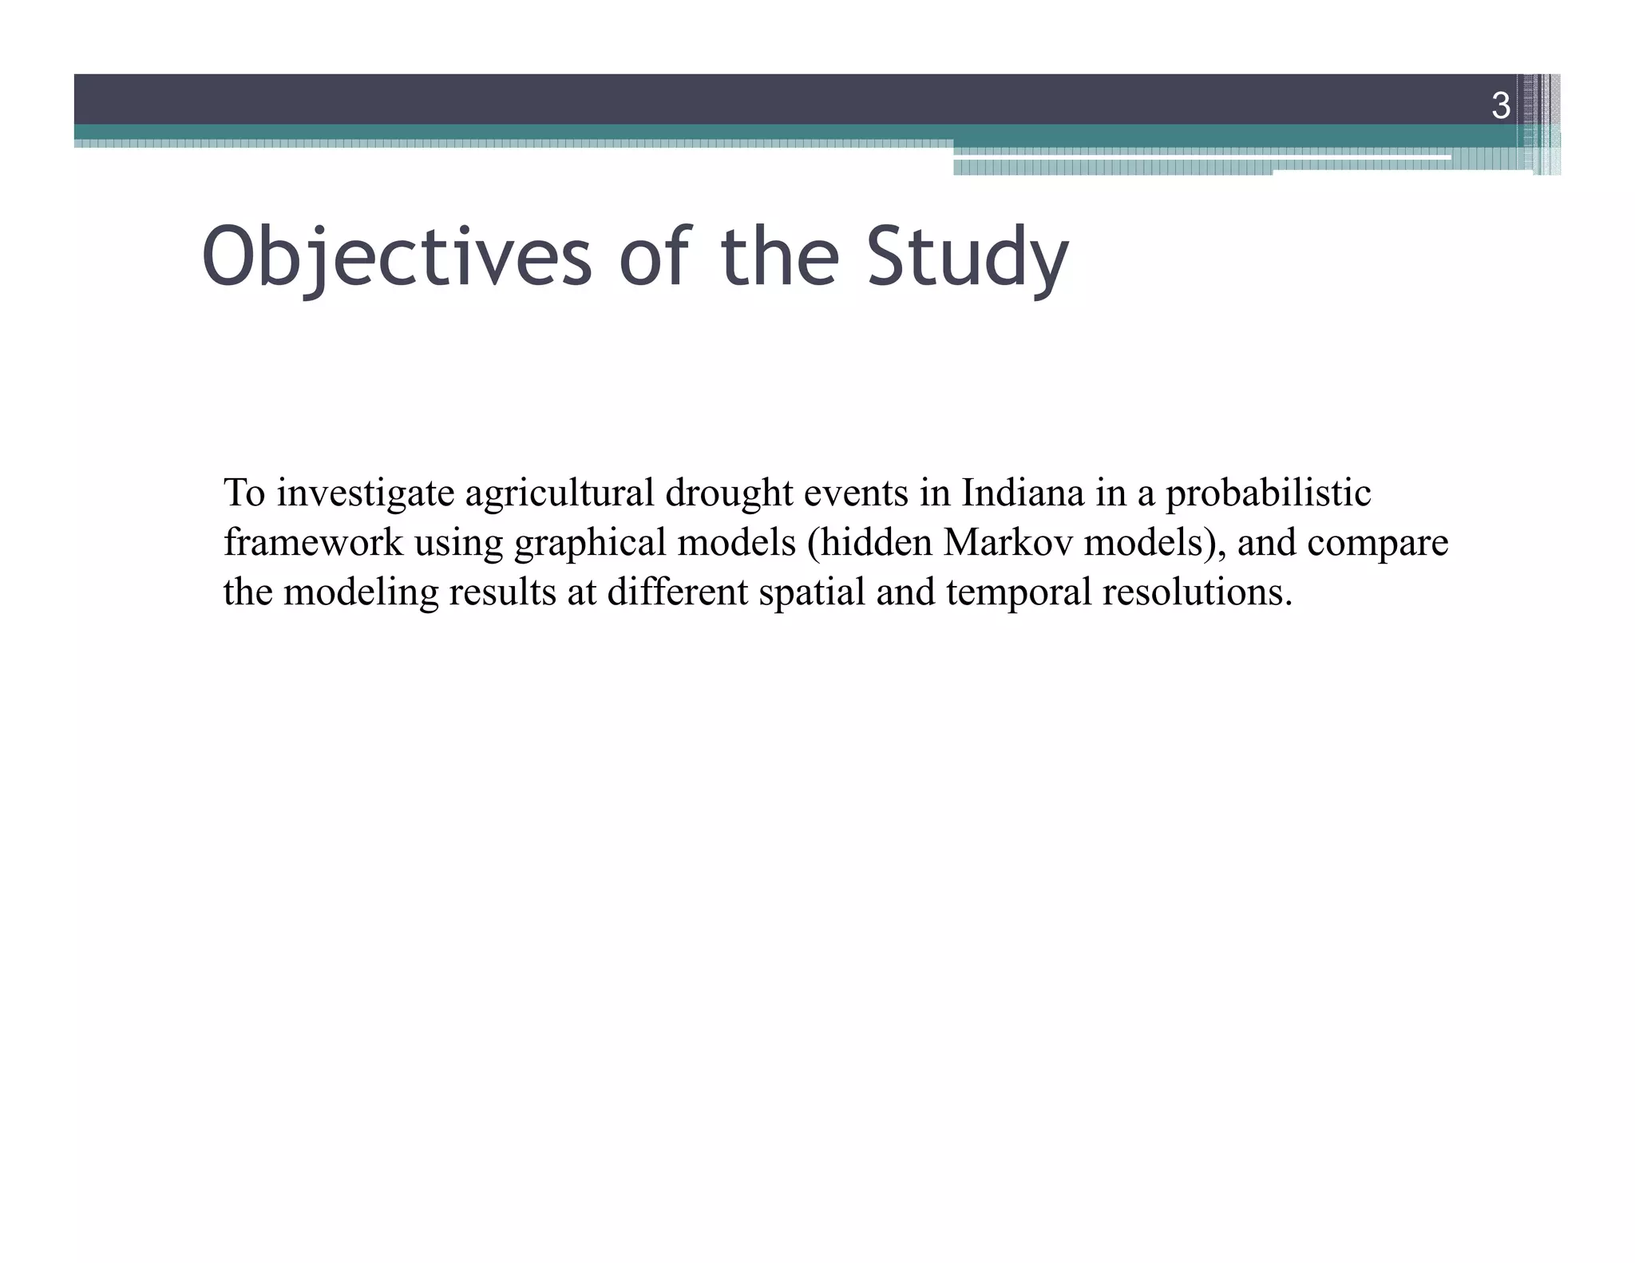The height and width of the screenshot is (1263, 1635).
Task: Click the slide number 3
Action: [x=1501, y=106]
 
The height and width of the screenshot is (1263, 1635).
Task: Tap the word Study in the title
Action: [x=968, y=257]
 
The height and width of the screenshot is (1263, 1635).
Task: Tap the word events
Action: [x=856, y=493]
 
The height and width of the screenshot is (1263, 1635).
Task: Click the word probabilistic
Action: [x=1268, y=493]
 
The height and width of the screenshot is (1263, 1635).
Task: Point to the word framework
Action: [x=314, y=543]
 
